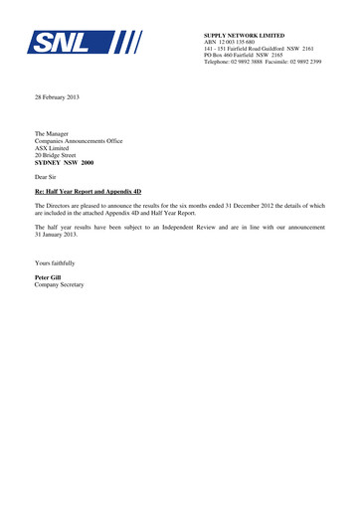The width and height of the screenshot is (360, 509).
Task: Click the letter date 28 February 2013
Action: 58,96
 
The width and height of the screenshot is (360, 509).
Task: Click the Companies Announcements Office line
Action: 79,141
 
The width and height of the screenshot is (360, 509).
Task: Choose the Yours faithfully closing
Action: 55,262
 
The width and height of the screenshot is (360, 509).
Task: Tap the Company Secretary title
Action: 60,284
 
